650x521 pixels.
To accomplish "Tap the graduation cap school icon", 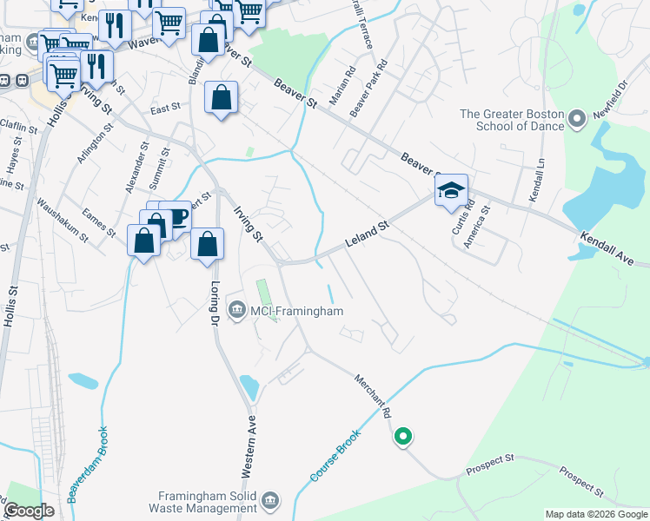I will tap(451, 191).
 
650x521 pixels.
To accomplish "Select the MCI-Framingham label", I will tap(296, 311).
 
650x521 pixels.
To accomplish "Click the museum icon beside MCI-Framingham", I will tap(236, 309).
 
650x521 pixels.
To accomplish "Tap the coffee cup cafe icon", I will tap(176, 218).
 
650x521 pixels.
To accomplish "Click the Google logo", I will tap(30, 511).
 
